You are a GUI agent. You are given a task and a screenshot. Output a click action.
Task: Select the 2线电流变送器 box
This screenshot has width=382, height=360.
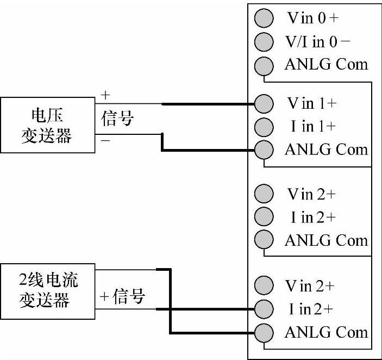(48, 291)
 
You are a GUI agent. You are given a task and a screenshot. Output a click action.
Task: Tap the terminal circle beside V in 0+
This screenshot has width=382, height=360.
(264, 18)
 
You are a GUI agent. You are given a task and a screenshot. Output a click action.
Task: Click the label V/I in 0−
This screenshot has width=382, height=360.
(317, 42)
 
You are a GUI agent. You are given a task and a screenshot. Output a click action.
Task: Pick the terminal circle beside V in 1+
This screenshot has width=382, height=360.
(264, 103)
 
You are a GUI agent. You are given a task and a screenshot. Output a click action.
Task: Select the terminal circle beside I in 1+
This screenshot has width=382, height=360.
(264, 126)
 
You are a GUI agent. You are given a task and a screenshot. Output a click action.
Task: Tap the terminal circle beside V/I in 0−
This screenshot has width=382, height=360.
(264, 42)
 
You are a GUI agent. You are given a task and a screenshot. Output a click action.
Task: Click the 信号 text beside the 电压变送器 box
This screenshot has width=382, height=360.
(117, 118)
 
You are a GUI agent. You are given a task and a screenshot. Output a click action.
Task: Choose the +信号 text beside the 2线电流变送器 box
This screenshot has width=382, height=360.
(122, 297)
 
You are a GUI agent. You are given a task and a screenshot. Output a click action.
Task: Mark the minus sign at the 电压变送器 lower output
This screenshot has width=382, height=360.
(105, 140)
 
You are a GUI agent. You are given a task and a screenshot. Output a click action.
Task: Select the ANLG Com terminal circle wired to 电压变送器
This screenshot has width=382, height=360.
(264, 150)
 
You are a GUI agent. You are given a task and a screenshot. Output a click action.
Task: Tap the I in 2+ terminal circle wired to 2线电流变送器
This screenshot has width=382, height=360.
(264, 308)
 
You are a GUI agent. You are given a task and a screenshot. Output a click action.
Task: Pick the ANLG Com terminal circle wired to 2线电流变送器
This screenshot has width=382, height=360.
(264, 332)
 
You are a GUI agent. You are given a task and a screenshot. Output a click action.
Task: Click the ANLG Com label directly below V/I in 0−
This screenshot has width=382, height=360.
(326, 65)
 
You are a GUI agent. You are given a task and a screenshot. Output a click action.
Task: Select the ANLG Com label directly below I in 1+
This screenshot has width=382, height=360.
(326, 150)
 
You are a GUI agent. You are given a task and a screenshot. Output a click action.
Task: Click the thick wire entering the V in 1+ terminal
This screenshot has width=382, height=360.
(206, 103)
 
